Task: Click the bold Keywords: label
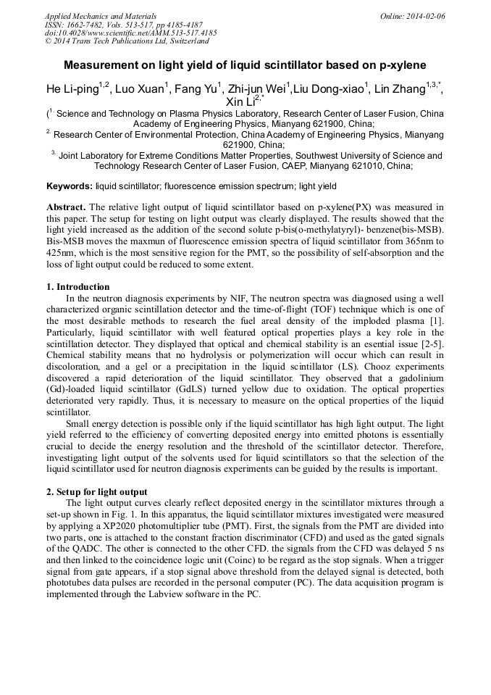pos(70,186)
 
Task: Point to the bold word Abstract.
pos(66,207)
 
